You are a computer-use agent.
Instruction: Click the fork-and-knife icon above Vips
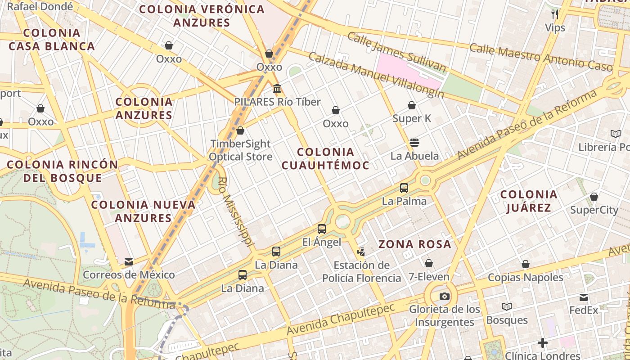(x=555, y=14)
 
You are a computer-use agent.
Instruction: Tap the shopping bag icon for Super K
(x=411, y=105)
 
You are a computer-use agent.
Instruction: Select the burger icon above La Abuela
(x=414, y=143)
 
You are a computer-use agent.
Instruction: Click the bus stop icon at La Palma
(x=404, y=188)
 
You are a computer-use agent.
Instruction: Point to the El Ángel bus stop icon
(x=321, y=229)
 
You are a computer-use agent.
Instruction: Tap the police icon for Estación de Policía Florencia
(x=361, y=252)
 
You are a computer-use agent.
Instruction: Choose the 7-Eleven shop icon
(x=429, y=263)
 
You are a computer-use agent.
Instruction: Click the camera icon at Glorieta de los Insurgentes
(x=444, y=296)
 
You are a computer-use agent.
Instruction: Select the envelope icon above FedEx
(x=584, y=297)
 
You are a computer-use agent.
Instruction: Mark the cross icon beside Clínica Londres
(x=543, y=343)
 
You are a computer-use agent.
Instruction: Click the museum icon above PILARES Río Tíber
(x=277, y=88)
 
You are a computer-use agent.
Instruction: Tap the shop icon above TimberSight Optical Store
(x=240, y=130)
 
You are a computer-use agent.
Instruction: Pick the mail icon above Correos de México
(x=129, y=262)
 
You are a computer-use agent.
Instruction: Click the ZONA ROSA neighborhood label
(x=414, y=244)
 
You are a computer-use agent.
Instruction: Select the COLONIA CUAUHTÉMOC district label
(x=325, y=158)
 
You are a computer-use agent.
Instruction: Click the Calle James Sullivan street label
(x=396, y=52)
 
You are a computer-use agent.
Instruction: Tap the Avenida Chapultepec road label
(x=341, y=319)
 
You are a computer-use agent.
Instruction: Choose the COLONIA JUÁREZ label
(x=529, y=201)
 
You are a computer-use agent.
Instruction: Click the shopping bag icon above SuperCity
(x=594, y=197)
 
